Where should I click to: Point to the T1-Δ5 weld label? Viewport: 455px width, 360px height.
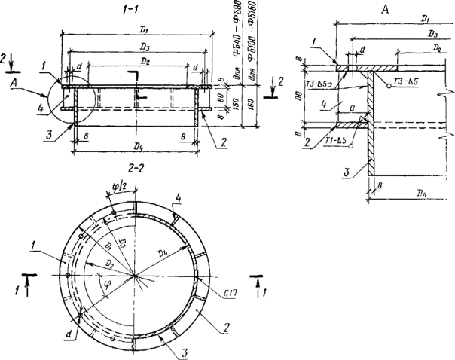[333, 141]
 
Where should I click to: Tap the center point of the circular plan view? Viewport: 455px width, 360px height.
[136, 276]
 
